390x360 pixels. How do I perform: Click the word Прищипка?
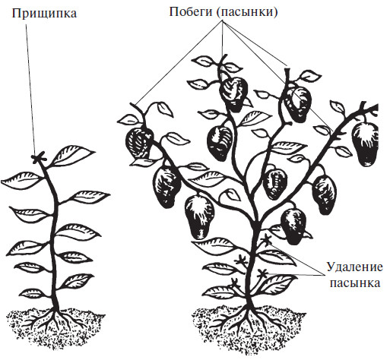pos(44,14)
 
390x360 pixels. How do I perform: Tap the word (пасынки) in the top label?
pos(247,12)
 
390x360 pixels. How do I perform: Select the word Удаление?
pos(354,267)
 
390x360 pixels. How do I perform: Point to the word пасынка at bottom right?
pos(355,283)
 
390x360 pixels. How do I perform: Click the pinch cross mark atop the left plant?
pos(40,157)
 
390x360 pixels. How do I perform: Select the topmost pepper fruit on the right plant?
pos(233,93)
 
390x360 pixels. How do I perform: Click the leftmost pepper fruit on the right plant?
pos(139,143)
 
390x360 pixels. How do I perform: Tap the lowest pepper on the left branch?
pos(199,217)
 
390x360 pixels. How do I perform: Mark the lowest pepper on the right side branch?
pos(294,226)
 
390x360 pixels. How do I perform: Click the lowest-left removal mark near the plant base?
pos(234,283)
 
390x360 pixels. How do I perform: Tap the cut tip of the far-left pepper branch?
pos(132,104)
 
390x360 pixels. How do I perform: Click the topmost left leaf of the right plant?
pos(203,61)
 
